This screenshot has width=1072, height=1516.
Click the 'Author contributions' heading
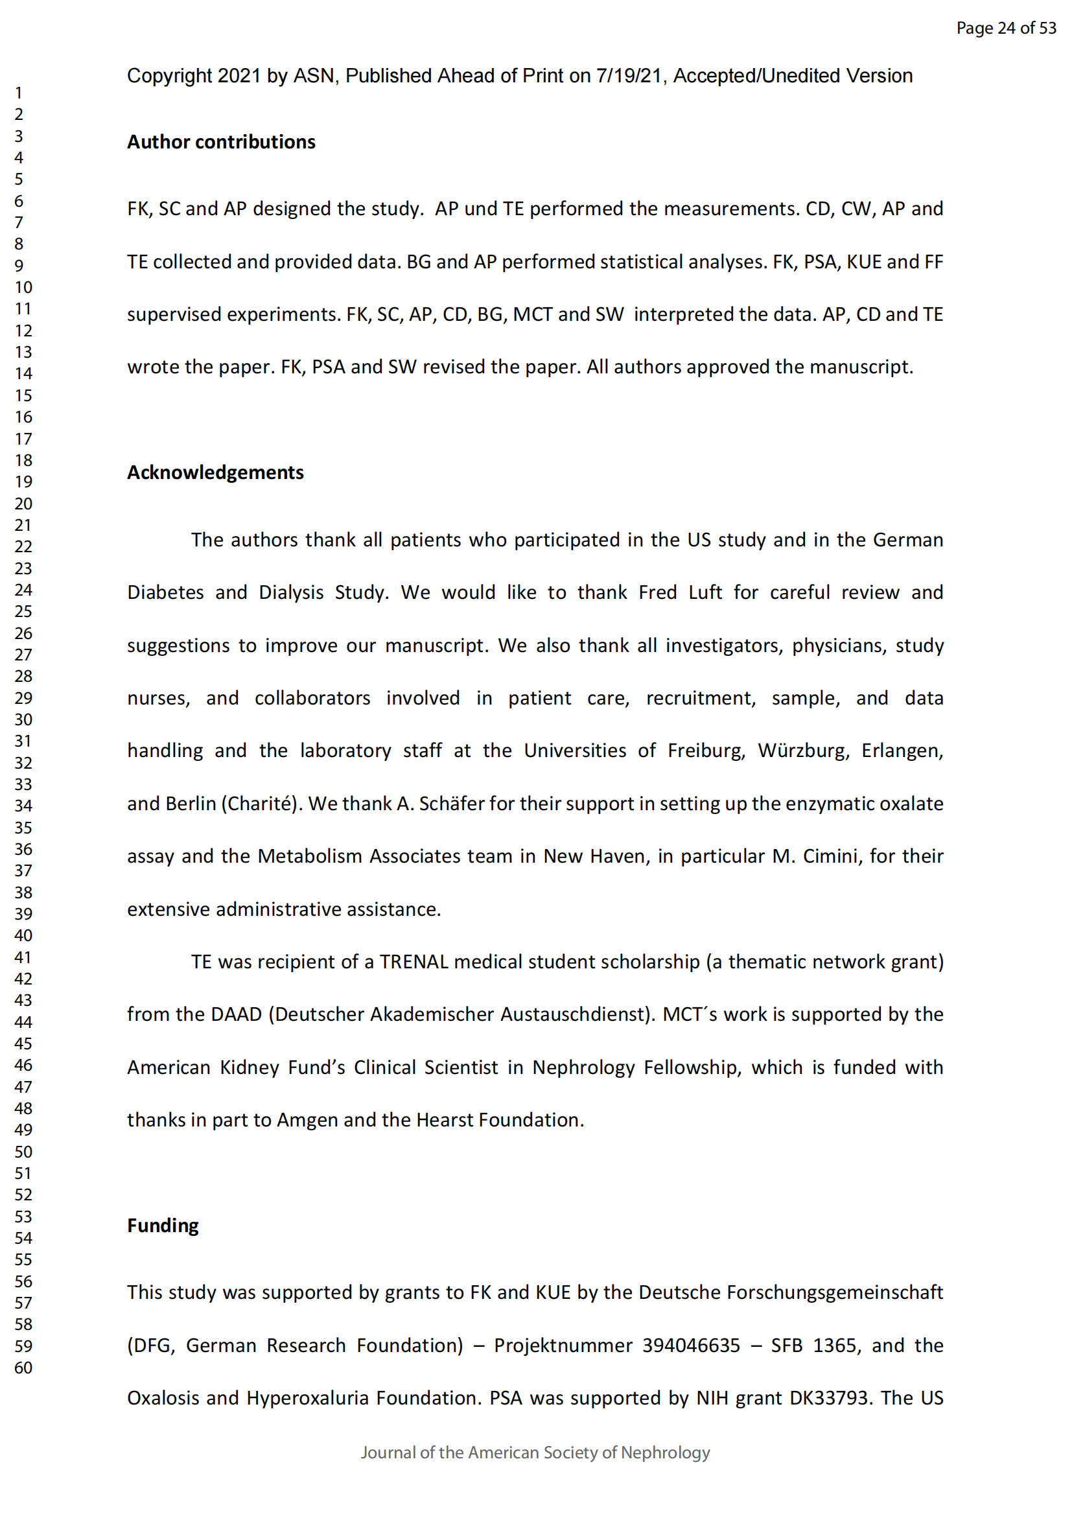click(221, 142)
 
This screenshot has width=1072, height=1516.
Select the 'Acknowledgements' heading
click(215, 472)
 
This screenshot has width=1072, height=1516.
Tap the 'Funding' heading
click(163, 1226)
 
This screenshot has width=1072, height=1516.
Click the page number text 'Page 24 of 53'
click(1006, 28)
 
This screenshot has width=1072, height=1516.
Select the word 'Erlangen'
click(902, 751)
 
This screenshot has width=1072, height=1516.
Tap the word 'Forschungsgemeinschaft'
click(834, 1293)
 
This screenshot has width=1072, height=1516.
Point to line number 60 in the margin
click(24, 1368)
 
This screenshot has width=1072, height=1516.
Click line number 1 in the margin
click(19, 93)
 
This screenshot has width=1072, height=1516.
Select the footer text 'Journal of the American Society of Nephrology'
click(535, 1452)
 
